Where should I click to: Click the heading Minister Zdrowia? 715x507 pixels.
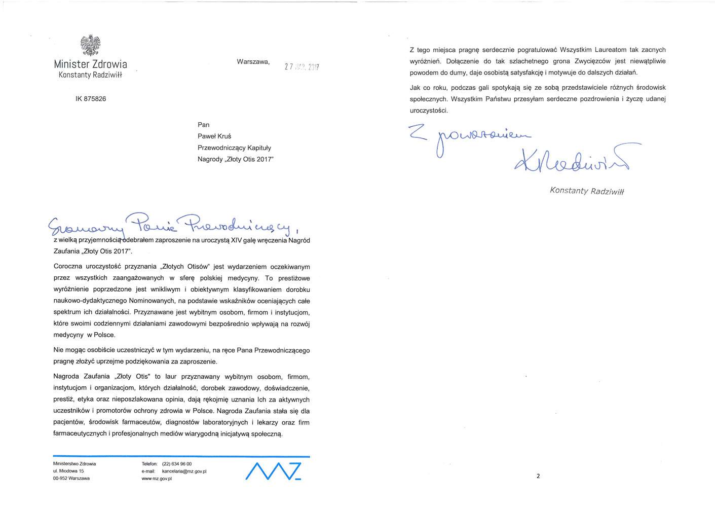click(90, 64)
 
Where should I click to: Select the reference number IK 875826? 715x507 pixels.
click(91, 99)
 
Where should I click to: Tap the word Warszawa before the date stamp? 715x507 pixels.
click(253, 62)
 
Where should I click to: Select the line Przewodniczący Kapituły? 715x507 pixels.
click(235, 148)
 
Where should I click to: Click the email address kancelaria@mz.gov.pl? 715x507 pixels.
click(184, 472)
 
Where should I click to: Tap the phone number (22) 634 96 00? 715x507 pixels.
click(176, 464)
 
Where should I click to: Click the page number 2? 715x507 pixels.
click(538, 476)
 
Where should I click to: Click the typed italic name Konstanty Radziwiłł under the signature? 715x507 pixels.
click(587, 191)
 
